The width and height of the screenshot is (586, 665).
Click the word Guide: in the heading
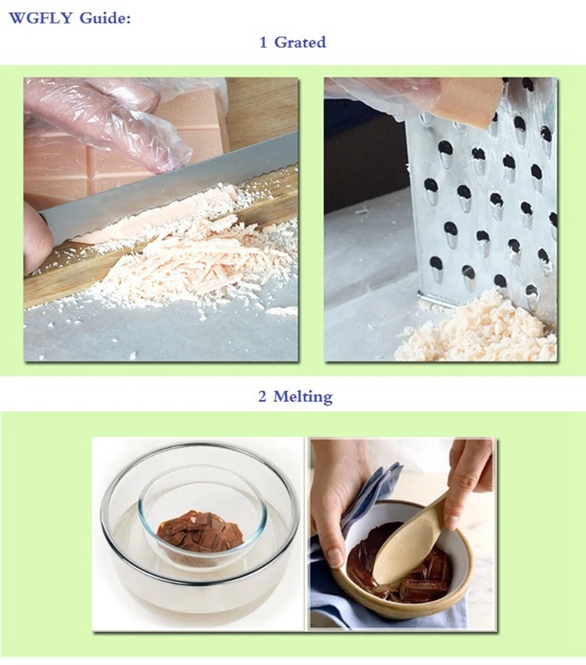click(105, 18)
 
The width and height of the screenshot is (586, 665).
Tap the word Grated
click(300, 42)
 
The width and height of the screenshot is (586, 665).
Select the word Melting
click(302, 396)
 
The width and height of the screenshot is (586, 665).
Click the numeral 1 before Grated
click(263, 42)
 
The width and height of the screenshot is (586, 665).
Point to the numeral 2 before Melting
click(263, 397)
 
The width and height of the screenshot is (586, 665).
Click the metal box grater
click(483, 199)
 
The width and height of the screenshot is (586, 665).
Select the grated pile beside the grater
click(474, 331)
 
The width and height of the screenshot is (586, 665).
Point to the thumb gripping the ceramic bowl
click(336, 552)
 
